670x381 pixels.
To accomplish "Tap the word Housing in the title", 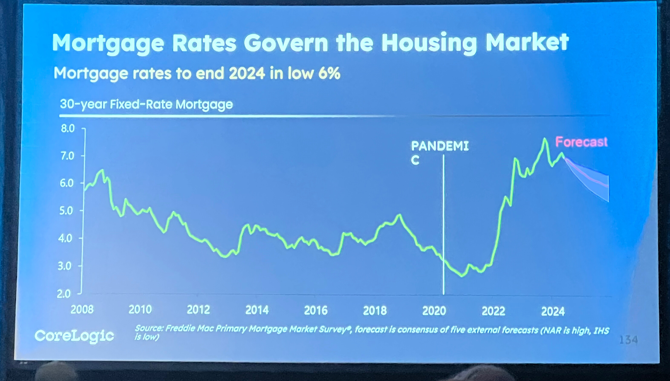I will click(429, 43).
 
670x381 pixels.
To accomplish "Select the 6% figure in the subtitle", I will click(329, 74).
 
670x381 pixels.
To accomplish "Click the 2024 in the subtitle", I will click(247, 74).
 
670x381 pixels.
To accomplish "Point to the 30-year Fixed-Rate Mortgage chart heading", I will click(146, 104).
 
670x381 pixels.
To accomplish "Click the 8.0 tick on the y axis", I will click(68, 128).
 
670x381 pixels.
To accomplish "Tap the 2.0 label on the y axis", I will click(64, 294).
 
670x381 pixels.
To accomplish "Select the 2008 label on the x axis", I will click(82, 310).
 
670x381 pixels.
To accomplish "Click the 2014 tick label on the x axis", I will click(257, 310).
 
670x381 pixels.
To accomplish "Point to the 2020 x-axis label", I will click(434, 311).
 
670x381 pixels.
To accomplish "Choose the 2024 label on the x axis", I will click(553, 311).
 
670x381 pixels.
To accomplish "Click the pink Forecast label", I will click(581, 142).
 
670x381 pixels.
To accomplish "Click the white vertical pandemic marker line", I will click(444, 222).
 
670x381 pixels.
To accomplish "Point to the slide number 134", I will click(628, 340).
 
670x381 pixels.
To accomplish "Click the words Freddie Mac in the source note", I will click(181, 328).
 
